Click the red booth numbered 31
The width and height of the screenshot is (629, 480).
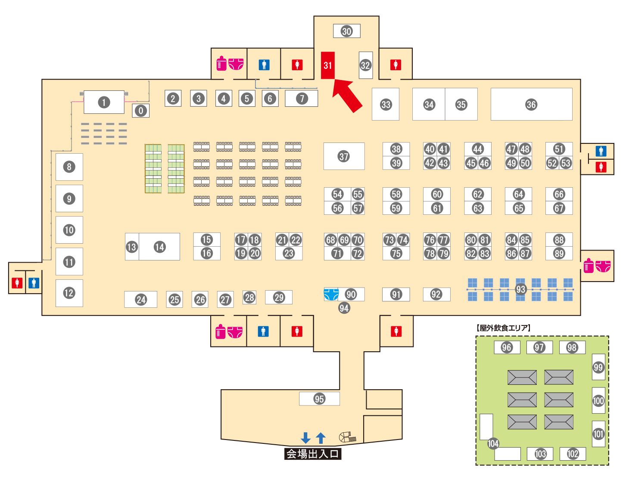(328, 65)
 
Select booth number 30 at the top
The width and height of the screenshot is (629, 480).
(347, 31)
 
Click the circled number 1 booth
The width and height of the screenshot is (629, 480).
(104, 102)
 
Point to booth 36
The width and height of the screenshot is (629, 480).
(531, 105)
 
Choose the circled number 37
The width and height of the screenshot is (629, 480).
(344, 156)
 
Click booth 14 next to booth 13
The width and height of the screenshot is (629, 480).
(160, 247)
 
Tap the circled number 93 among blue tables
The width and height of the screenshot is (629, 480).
(521, 289)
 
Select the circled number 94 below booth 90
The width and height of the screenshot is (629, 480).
(344, 308)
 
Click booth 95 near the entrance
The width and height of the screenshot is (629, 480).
(319, 399)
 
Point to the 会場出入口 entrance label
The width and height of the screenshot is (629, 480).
(313, 454)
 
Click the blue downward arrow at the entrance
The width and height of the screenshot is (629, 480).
(306, 438)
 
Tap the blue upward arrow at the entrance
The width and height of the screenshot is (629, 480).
(321, 438)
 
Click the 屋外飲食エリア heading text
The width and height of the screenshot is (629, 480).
(504, 328)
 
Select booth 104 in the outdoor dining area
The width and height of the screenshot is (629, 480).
(493, 443)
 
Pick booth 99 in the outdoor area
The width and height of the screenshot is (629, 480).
(598, 367)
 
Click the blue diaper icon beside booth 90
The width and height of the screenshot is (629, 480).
(331, 294)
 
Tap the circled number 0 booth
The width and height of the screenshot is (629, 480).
(141, 111)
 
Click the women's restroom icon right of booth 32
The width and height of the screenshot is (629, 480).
(396, 65)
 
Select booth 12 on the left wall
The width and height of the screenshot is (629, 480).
(69, 293)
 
